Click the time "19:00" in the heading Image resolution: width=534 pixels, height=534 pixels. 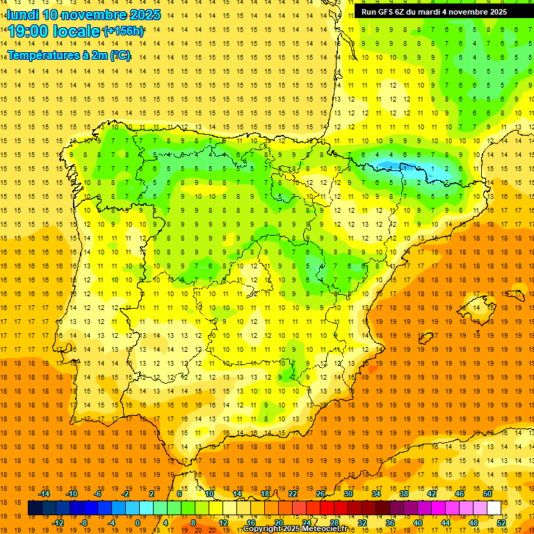29,31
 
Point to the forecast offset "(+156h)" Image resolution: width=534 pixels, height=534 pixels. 124,31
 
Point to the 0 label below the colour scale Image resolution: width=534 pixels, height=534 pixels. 138,523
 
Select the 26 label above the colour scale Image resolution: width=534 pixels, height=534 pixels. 321,494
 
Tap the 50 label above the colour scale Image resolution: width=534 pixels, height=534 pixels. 487,494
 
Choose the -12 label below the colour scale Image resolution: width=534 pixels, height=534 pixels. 58,523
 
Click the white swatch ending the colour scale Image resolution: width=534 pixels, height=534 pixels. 494,508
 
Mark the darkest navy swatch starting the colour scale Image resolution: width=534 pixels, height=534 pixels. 35,508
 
